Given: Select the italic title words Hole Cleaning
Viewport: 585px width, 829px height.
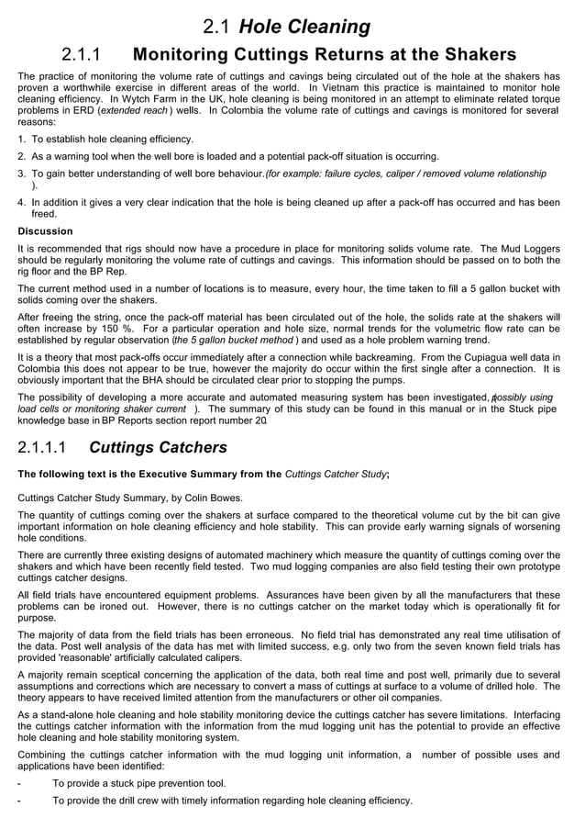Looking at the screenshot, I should [x=304, y=28].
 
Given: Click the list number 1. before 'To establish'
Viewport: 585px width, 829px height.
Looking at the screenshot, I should [x=22, y=140].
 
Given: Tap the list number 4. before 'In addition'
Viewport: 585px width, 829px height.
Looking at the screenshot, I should [x=22, y=202].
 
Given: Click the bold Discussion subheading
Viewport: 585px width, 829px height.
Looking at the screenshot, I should [x=45, y=231].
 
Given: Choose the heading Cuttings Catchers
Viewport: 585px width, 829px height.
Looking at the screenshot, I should [x=158, y=449].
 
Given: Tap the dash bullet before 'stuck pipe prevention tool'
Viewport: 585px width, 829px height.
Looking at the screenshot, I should [x=20, y=783].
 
